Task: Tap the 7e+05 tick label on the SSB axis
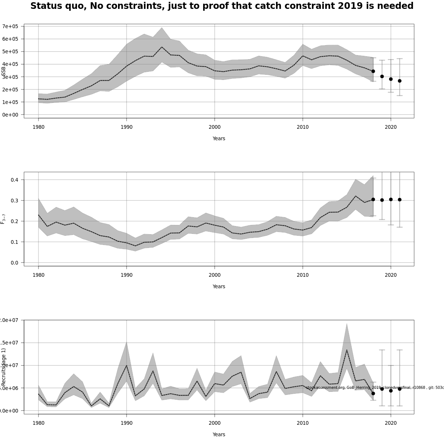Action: point(10,26)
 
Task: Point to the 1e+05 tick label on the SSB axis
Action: point(10,102)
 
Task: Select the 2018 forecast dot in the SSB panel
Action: point(373,71)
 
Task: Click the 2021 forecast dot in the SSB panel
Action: point(400,81)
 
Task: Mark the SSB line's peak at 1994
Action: point(162,47)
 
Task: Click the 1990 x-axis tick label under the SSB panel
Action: point(127,127)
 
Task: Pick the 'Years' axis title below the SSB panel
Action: point(219,138)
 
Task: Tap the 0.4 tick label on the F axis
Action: point(14,180)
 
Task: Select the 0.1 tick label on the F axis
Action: point(14,242)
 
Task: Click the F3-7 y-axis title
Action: point(3,219)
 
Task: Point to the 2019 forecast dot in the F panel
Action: point(382,200)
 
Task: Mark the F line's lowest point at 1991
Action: point(135,246)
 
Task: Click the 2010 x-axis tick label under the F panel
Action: point(303,275)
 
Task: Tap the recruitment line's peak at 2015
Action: point(347,350)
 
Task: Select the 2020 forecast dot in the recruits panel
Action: point(391,391)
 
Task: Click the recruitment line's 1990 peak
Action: point(127,366)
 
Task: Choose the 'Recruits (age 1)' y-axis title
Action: point(4,366)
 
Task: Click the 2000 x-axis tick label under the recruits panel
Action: point(215,423)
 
